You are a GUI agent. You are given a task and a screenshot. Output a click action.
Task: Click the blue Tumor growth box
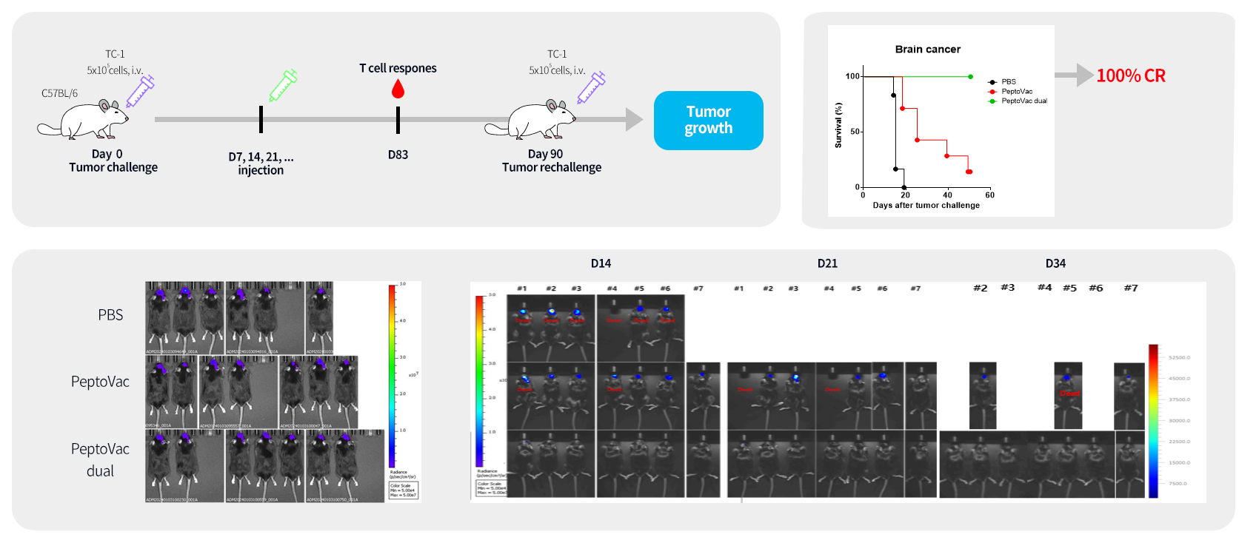[x=708, y=121]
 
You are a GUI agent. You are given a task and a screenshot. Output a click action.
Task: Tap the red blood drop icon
[x=398, y=90]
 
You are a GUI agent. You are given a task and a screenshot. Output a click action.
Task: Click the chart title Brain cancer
[x=927, y=50]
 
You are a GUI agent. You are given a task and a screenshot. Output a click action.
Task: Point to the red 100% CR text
[x=1131, y=75]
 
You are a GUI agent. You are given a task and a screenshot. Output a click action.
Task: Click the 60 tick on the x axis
[x=989, y=195]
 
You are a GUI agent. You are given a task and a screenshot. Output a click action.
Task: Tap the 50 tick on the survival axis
[x=855, y=132]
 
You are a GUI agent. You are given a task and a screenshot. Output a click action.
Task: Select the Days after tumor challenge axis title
[x=926, y=206]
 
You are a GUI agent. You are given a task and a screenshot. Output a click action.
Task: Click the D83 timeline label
[x=398, y=155]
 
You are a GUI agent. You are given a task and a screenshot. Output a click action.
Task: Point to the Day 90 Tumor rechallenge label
[x=551, y=161]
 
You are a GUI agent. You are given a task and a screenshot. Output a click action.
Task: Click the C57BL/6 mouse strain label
[x=59, y=93]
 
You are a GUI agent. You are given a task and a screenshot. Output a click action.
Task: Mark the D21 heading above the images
[x=827, y=263]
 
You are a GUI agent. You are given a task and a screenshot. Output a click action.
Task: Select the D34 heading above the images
[x=1055, y=263]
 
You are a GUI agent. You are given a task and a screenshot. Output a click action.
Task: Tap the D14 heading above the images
[x=601, y=263]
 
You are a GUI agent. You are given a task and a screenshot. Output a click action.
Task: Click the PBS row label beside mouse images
[x=110, y=315]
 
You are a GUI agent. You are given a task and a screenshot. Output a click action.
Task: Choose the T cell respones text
[x=398, y=68]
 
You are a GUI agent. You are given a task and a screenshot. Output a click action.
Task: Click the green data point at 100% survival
[x=970, y=76]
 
